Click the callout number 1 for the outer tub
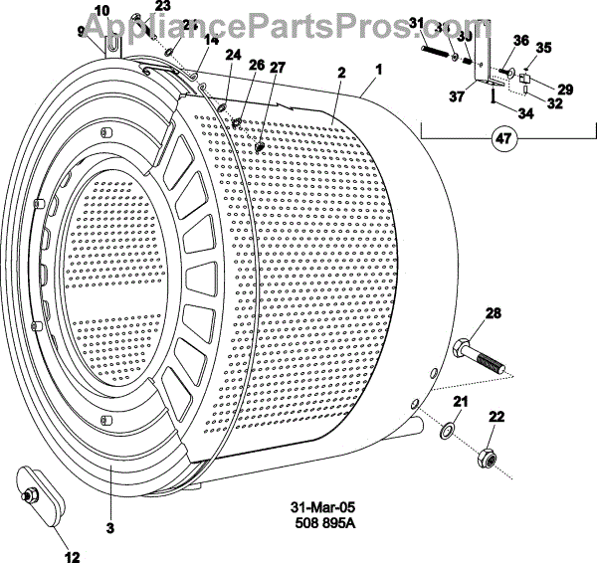click(377, 71)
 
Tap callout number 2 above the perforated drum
click(341, 73)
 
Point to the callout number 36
click(518, 41)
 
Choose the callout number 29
click(564, 90)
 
